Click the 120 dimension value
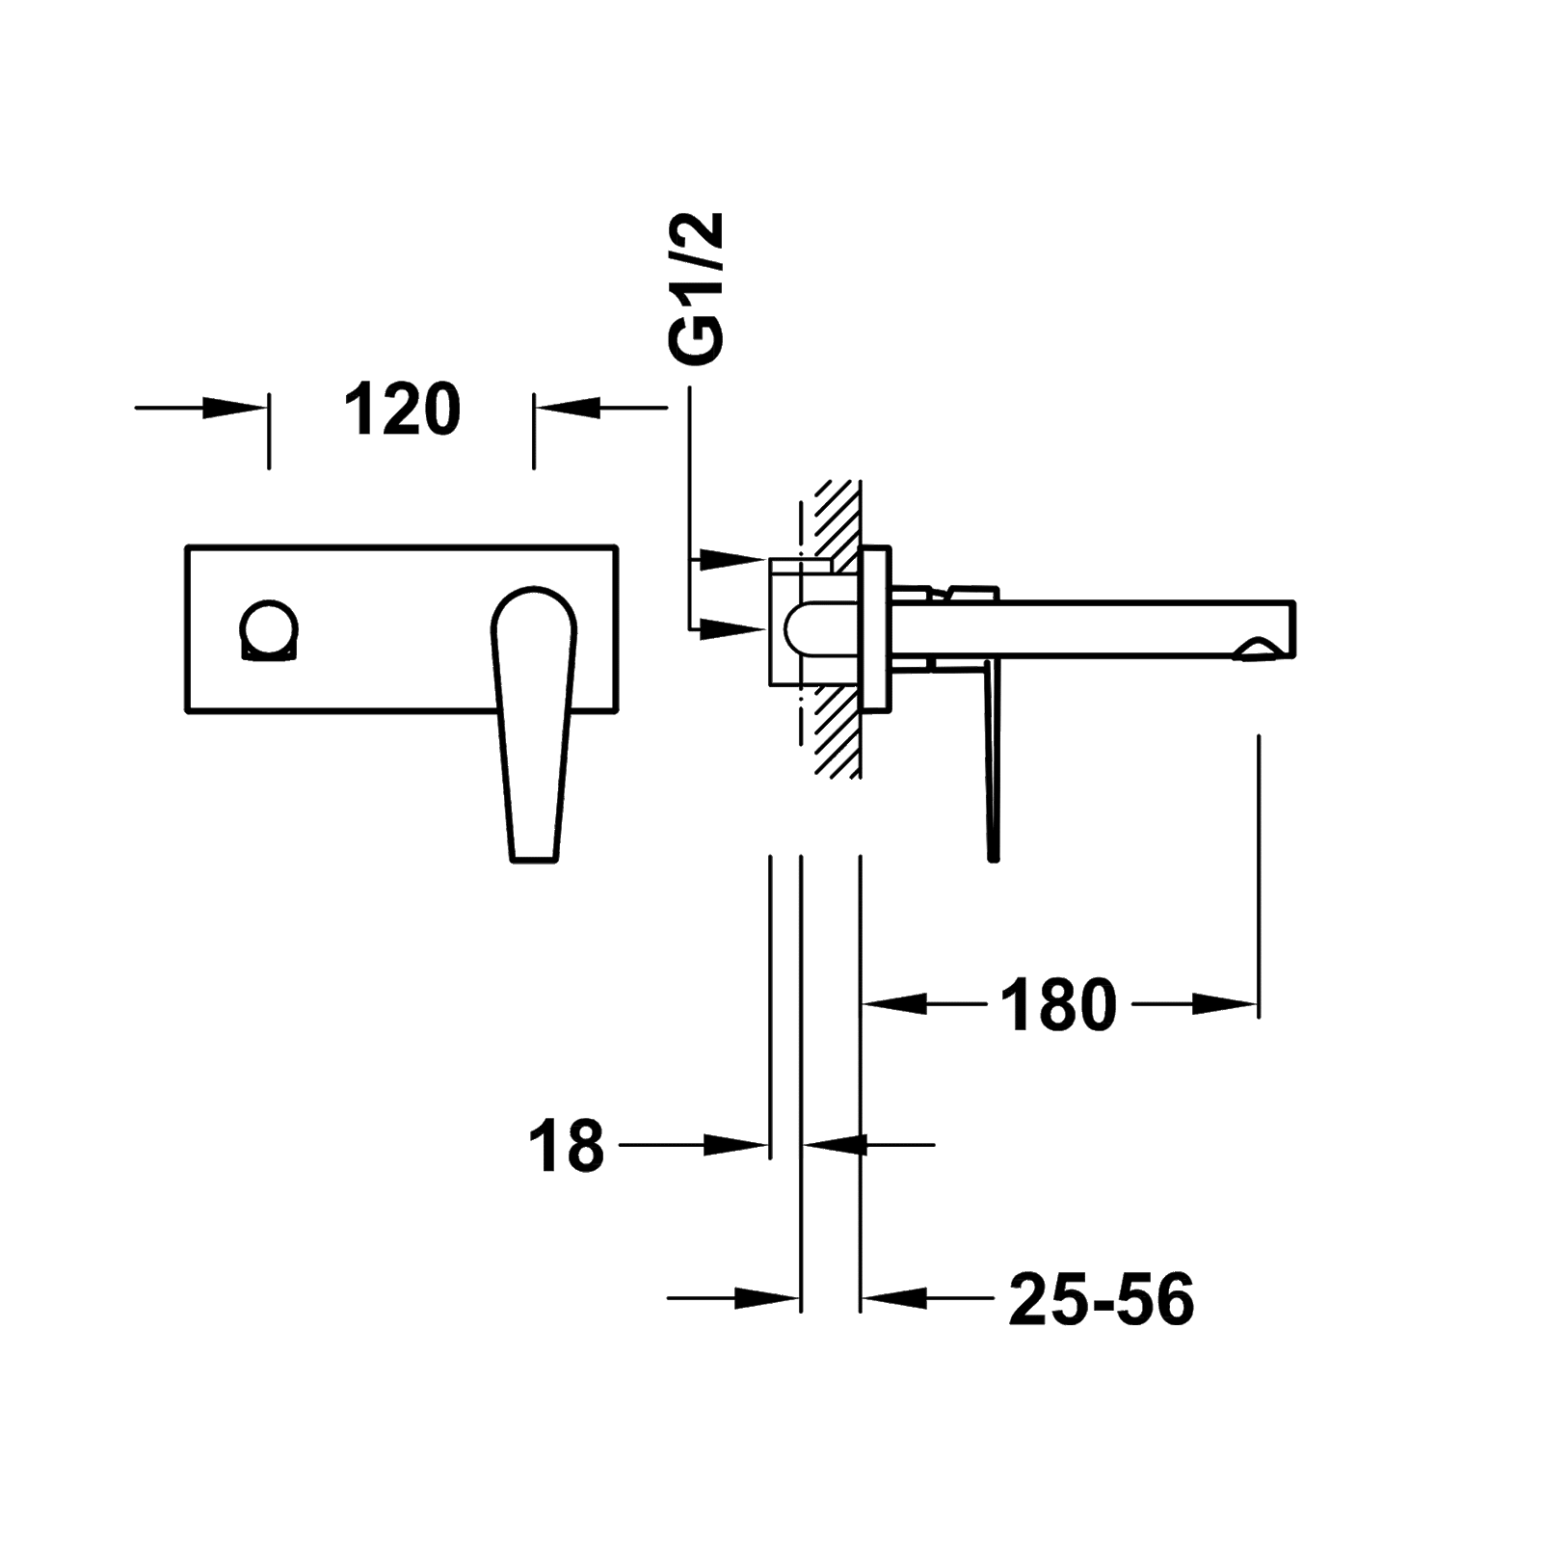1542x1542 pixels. [x=403, y=409]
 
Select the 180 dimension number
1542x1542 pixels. [x=1058, y=1004]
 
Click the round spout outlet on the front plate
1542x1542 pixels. [x=270, y=632]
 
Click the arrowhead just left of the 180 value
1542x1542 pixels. [x=893, y=1004]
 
